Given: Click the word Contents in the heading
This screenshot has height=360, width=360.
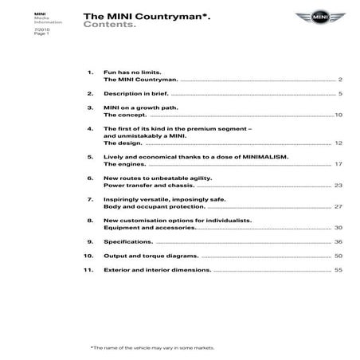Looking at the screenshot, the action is click(x=108, y=25).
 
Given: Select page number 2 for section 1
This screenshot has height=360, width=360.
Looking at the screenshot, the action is click(x=340, y=80).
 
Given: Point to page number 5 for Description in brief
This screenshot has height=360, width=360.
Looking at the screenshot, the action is click(x=340, y=94).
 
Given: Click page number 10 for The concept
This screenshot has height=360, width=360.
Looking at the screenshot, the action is click(x=338, y=115).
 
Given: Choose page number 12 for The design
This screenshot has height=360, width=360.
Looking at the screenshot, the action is click(x=338, y=143).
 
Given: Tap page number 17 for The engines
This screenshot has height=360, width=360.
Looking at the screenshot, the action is click(x=338, y=163).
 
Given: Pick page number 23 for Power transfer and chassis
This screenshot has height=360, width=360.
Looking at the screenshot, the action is click(x=338, y=185).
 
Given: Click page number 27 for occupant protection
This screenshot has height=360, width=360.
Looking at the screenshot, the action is click(x=338, y=206).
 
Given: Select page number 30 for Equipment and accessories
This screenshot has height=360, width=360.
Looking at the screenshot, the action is click(x=338, y=228).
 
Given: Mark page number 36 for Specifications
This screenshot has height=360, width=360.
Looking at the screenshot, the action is click(x=338, y=241).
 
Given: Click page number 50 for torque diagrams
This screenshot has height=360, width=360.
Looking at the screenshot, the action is click(x=338, y=256).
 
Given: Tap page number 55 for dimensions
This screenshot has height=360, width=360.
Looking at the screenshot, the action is click(x=338, y=270).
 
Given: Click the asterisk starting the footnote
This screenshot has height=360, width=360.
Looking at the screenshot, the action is click(x=92, y=348).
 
